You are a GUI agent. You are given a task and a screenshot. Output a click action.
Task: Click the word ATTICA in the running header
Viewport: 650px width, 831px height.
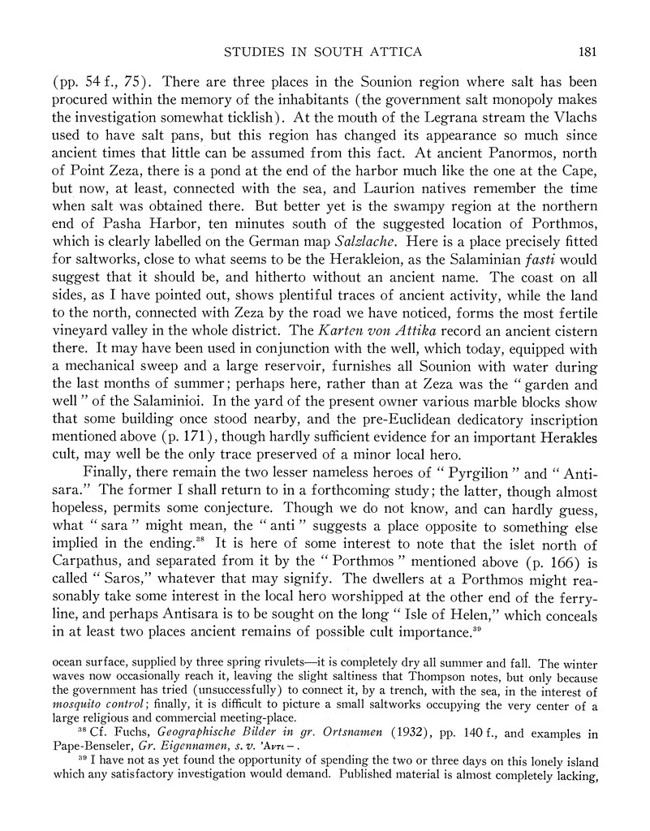coord(398,53)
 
